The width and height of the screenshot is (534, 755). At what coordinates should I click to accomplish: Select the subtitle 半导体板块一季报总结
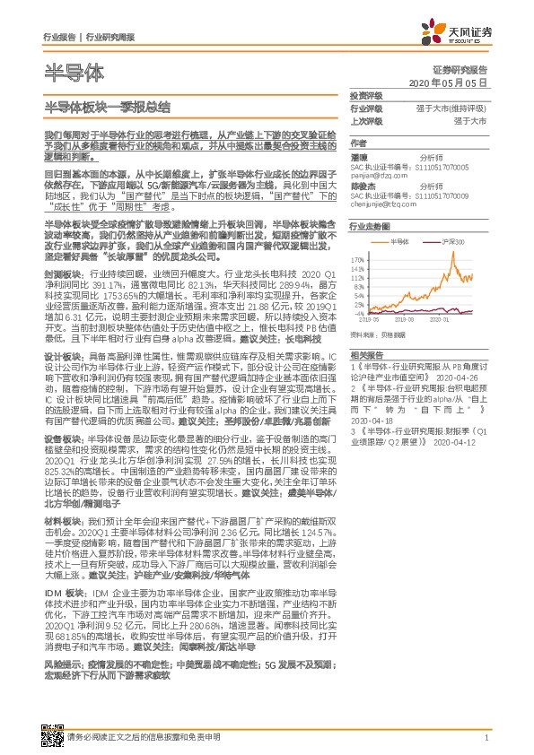click(x=107, y=106)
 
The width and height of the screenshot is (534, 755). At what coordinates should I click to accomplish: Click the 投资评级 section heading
click(x=364, y=94)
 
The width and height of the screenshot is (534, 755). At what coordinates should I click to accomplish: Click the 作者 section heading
click(x=358, y=142)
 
